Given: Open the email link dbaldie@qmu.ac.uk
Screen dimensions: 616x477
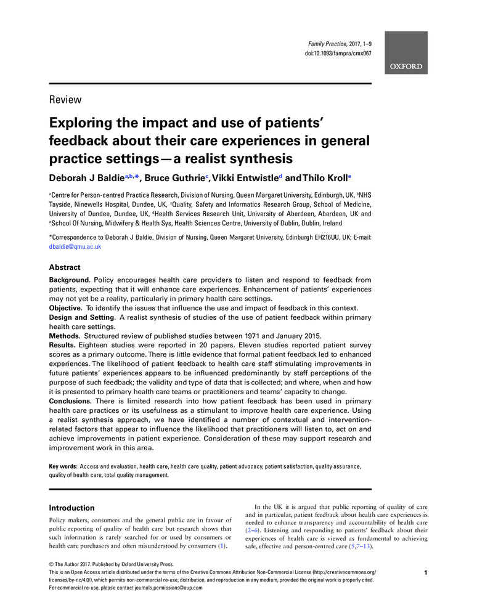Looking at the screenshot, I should [75, 246].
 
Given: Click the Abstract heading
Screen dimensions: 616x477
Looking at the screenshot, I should [65, 268].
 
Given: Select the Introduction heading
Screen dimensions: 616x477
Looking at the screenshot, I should [71, 508].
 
